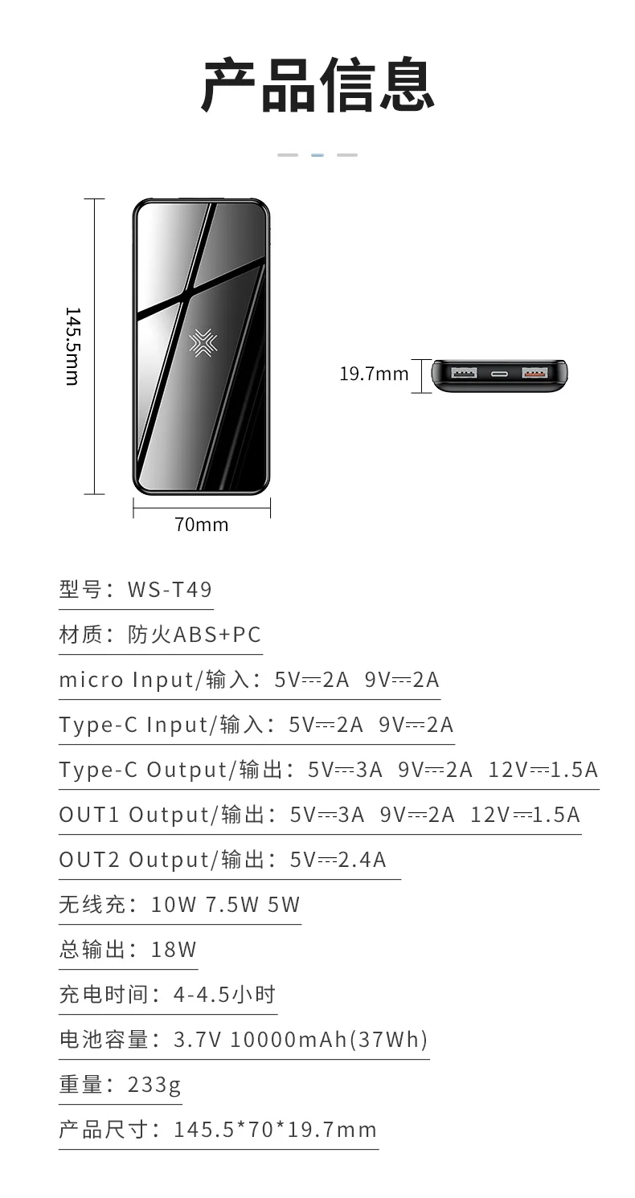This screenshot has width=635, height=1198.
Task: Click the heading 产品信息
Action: point(317,85)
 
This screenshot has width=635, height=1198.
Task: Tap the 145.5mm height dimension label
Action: point(73,346)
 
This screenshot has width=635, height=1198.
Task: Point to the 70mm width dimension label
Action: point(202,525)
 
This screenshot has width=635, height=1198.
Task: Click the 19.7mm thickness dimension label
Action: point(374,374)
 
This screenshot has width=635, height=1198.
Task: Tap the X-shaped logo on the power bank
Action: point(203,342)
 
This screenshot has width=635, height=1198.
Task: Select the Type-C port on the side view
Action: point(499,374)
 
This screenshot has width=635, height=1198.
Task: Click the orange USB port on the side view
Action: point(535,372)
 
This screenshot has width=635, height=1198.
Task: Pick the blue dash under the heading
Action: point(317,154)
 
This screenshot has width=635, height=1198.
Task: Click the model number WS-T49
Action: point(170,590)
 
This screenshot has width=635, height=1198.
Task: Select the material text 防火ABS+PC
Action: point(195,634)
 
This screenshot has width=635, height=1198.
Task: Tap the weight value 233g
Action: point(154,1086)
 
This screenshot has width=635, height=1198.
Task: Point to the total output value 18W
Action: point(174,949)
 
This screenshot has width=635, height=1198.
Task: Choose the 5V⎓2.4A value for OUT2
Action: point(338,860)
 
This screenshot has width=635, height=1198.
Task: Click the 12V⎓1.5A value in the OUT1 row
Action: point(525,815)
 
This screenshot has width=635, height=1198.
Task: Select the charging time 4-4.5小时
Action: point(224,994)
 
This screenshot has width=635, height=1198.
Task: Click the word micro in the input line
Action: point(91,680)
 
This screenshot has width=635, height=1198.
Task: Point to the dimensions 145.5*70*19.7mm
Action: point(275,1130)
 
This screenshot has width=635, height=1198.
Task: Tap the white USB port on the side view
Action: point(464,372)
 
